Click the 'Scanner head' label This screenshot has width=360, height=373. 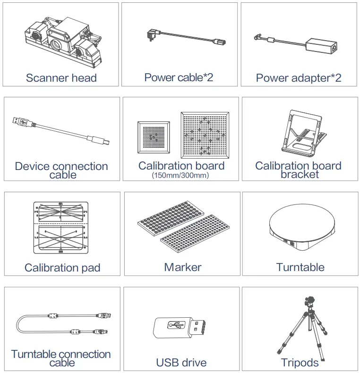coord(61,78)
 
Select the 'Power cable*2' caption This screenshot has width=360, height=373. coord(179,77)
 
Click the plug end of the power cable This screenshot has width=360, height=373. coord(153,34)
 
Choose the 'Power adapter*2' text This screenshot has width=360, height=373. coord(298,78)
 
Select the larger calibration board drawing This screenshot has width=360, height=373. coord(205,135)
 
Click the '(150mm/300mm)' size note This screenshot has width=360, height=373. coord(181,176)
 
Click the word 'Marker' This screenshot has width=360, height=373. coord(182,267)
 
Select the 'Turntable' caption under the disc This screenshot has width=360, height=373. coord(300,267)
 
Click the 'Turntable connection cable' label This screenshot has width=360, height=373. coord(61,358)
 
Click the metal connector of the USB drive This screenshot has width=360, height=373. coord(197,326)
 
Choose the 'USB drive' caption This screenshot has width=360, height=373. coord(181,363)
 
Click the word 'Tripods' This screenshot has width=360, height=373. coord(300,363)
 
